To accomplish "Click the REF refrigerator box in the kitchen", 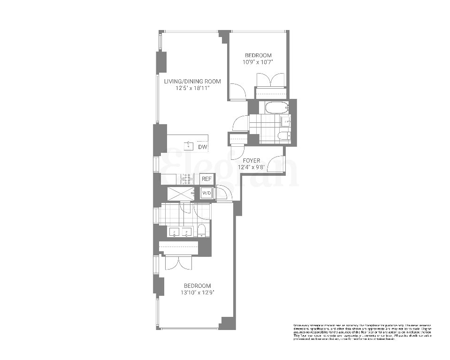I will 206,179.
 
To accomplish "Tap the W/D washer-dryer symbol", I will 206,193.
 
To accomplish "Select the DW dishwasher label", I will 202,147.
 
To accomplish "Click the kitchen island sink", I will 189,144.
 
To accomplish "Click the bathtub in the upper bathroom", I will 276,108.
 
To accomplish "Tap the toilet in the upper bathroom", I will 284,136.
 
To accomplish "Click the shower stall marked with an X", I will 181,194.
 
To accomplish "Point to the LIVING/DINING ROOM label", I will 192,81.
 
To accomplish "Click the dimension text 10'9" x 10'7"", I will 257,62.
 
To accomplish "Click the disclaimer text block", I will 362,331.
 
